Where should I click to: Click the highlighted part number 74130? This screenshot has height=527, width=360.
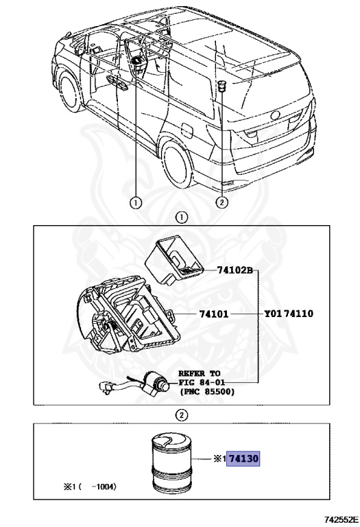(x=245, y=458)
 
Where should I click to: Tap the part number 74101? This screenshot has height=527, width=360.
(x=216, y=314)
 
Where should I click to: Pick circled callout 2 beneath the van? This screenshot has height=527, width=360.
(x=221, y=202)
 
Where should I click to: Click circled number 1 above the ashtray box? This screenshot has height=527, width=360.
(x=181, y=218)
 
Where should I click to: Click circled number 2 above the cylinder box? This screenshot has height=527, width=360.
(x=181, y=414)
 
